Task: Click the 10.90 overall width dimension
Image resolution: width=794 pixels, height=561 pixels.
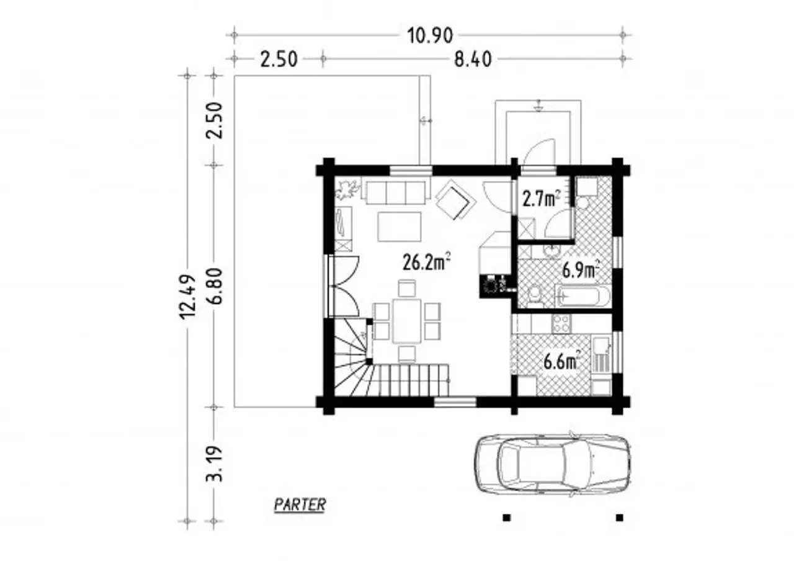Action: point(430,36)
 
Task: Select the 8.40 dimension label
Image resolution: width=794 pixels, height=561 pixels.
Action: point(473,60)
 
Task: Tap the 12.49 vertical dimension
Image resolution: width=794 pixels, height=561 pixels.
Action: point(188,297)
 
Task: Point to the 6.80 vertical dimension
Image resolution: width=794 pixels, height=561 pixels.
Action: point(215,286)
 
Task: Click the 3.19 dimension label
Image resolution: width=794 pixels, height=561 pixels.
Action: point(215,464)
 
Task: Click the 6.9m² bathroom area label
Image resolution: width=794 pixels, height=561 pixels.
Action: point(581,270)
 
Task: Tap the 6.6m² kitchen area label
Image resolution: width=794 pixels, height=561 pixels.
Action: point(562,362)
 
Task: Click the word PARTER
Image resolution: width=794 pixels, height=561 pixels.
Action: point(300,505)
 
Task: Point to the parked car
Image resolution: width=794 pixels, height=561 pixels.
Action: point(553,464)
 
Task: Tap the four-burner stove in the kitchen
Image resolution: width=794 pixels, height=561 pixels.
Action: point(561,324)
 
